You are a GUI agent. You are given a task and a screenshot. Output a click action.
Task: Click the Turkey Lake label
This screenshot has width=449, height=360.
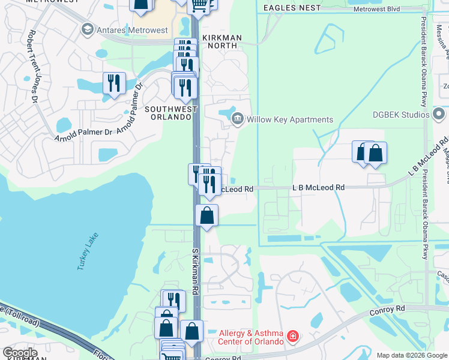coord(87,251)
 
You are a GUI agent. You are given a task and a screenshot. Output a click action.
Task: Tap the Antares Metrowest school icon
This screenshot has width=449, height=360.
coord(88,29)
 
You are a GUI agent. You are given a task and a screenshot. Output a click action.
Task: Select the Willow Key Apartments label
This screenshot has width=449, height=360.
coord(290,119)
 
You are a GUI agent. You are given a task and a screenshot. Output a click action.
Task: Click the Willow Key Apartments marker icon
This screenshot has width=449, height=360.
coord(238,119)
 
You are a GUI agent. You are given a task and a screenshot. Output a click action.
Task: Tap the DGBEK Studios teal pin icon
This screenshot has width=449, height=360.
coord(439,113)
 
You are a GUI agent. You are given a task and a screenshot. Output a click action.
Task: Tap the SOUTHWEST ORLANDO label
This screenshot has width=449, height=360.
coord(170,112)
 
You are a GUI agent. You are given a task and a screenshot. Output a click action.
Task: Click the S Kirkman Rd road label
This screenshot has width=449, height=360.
coord(195,271)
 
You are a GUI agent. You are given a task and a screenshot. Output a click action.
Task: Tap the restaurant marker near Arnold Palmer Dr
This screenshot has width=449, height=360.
coord(114,83)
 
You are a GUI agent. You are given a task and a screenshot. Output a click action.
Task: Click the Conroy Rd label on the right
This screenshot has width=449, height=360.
coord(393,310)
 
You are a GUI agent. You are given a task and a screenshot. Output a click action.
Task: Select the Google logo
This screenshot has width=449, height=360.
coord(20,353)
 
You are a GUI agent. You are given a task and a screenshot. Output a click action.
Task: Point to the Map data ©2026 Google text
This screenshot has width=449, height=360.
coord(412,355)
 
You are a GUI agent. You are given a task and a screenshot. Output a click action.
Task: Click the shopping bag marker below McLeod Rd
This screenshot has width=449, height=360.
coord(206,215)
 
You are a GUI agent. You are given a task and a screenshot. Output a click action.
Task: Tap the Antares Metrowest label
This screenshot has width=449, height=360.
coord(125,29)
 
